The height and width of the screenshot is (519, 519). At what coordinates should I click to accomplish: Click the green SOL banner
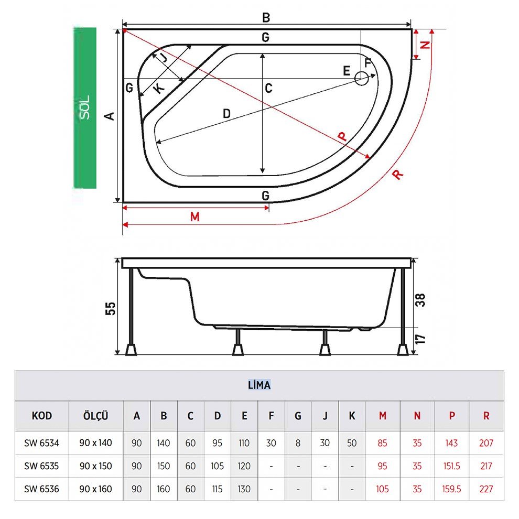click(85, 108)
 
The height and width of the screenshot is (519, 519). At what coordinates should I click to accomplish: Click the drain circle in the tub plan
click(361, 79)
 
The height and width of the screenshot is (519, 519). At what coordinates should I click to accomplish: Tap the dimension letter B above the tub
click(266, 17)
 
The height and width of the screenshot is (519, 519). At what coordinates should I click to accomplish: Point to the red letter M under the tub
click(195, 217)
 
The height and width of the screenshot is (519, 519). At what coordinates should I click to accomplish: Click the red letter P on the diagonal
click(342, 136)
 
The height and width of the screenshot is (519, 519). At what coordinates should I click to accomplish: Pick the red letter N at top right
click(425, 45)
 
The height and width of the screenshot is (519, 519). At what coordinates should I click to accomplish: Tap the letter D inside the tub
click(226, 114)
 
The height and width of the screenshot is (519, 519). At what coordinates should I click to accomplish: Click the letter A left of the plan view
click(109, 116)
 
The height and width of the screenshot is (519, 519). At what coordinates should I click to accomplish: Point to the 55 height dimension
click(111, 308)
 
